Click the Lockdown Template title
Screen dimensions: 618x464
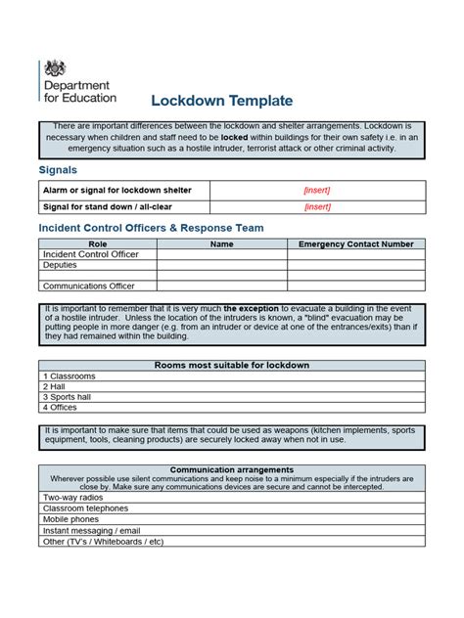point(221,101)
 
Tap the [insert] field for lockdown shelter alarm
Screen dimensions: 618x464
point(317,190)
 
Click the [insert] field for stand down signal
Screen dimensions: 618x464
point(317,206)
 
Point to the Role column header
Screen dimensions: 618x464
point(98,243)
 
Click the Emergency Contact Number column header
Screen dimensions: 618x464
point(356,243)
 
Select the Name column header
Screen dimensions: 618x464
point(222,243)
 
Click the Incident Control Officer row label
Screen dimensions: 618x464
point(91,254)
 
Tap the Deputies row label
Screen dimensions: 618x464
point(60,265)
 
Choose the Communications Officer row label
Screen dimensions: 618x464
point(89,287)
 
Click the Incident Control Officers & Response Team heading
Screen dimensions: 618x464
point(151,228)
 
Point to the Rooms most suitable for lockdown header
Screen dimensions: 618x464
point(232,365)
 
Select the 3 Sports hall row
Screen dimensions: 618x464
point(69,396)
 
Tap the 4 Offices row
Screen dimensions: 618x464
point(61,407)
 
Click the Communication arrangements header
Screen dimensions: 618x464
point(232,468)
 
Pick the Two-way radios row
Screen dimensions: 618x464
point(73,498)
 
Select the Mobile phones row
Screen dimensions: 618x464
point(71,519)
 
